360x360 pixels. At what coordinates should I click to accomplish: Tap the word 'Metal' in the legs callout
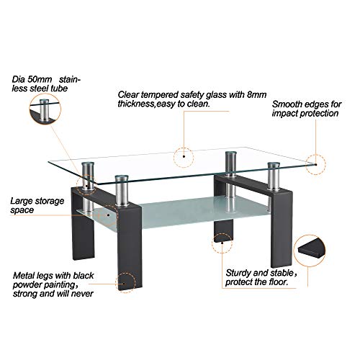click(24, 275)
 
